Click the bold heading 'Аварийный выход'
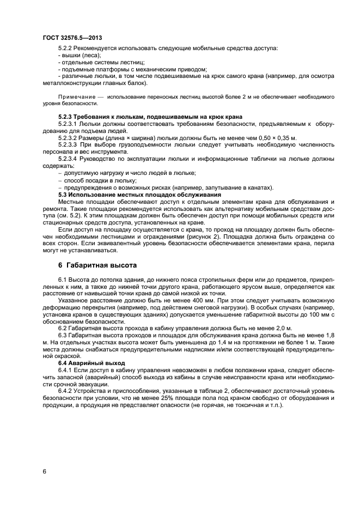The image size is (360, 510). click(98, 363)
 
